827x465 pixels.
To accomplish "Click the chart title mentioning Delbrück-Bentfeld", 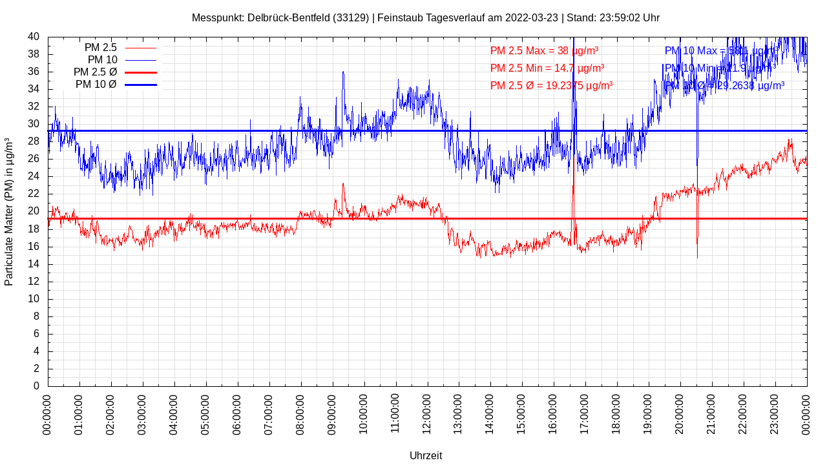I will pyautogui.click(x=425, y=18).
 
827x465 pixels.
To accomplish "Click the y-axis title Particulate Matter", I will pyautogui.click(x=9, y=211).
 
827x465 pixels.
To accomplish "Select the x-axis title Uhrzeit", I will pyautogui.click(x=426, y=455).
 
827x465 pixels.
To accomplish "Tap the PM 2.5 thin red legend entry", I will pyautogui.click(x=120, y=48).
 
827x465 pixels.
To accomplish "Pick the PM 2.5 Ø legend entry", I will pyautogui.click(x=115, y=72).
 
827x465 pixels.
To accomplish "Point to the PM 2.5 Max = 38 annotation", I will pyautogui.click(x=544, y=51).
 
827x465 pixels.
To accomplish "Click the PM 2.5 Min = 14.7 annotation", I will pyautogui.click(x=547, y=68).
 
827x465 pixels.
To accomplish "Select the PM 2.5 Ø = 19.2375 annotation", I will pyautogui.click(x=551, y=85).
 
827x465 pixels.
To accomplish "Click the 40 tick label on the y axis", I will pyautogui.click(x=34, y=37).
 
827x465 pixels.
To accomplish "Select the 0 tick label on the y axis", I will pyautogui.click(x=37, y=386).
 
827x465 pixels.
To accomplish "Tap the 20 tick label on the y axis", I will pyautogui.click(x=34, y=211).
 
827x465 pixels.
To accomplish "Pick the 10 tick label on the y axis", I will pyautogui.click(x=34, y=299).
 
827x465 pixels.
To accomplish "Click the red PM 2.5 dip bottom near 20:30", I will pyautogui.click(x=697, y=258).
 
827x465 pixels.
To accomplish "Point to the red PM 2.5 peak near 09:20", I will pyautogui.click(x=343, y=184).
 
